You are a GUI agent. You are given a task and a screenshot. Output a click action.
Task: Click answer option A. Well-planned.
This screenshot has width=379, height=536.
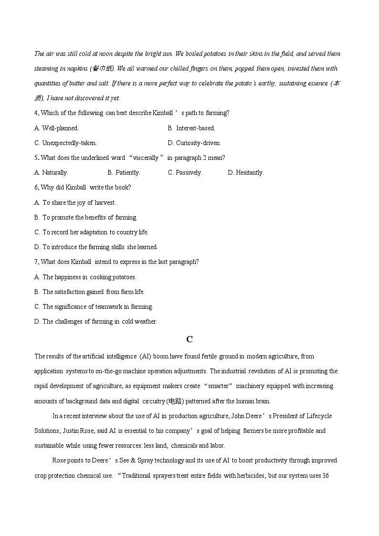click(56, 128)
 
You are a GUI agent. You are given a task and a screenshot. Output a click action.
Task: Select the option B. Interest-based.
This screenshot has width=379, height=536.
click(191, 128)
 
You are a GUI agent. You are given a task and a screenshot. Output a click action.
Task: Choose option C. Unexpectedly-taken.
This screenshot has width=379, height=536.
click(65, 143)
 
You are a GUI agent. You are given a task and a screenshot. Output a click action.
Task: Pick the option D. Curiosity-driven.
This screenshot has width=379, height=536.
click(194, 143)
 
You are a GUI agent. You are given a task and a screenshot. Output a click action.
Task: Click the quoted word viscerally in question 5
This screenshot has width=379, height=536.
click(146, 158)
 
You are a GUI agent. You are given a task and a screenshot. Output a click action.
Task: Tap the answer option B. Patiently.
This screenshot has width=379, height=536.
click(124, 172)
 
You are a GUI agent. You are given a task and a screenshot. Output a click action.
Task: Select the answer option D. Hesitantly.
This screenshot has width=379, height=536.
click(246, 172)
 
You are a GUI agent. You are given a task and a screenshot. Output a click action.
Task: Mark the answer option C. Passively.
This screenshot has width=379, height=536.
click(185, 172)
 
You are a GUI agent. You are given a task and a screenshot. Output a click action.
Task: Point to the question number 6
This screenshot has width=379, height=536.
click(36, 187)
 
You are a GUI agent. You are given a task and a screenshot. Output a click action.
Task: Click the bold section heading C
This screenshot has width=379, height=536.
click(189, 339)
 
